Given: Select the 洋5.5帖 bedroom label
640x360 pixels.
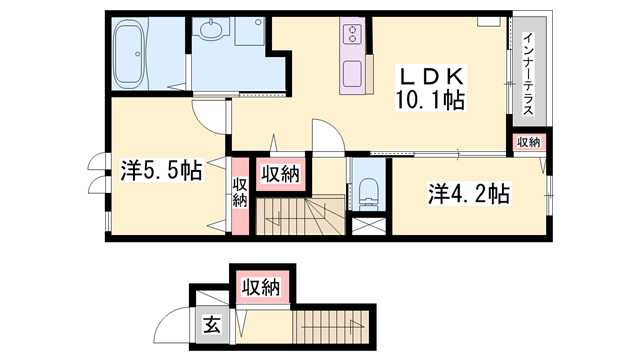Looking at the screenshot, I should (x=160, y=172).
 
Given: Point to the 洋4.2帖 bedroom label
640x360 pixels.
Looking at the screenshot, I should (x=470, y=193).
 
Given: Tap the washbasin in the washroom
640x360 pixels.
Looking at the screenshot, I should (x=212, y=34).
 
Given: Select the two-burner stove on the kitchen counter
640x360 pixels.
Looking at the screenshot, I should (x=355, y=37).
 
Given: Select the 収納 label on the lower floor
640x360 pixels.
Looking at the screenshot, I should (x=260, y=289).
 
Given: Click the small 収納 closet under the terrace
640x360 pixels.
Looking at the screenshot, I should (x=529, y=143).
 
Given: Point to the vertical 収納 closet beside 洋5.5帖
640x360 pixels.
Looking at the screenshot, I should (x=240, y=192).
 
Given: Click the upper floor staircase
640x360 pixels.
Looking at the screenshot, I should (x=299, y=214).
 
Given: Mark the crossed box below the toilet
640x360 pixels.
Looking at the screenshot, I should (x=367, y=224).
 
